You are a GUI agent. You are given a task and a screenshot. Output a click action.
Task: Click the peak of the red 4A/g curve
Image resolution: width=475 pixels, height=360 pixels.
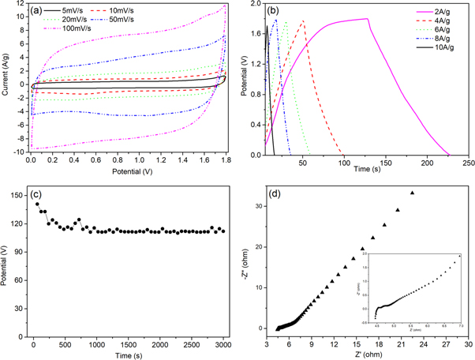(304, 21)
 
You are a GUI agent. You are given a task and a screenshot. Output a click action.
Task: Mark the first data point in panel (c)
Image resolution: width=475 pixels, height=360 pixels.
(37, 204)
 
